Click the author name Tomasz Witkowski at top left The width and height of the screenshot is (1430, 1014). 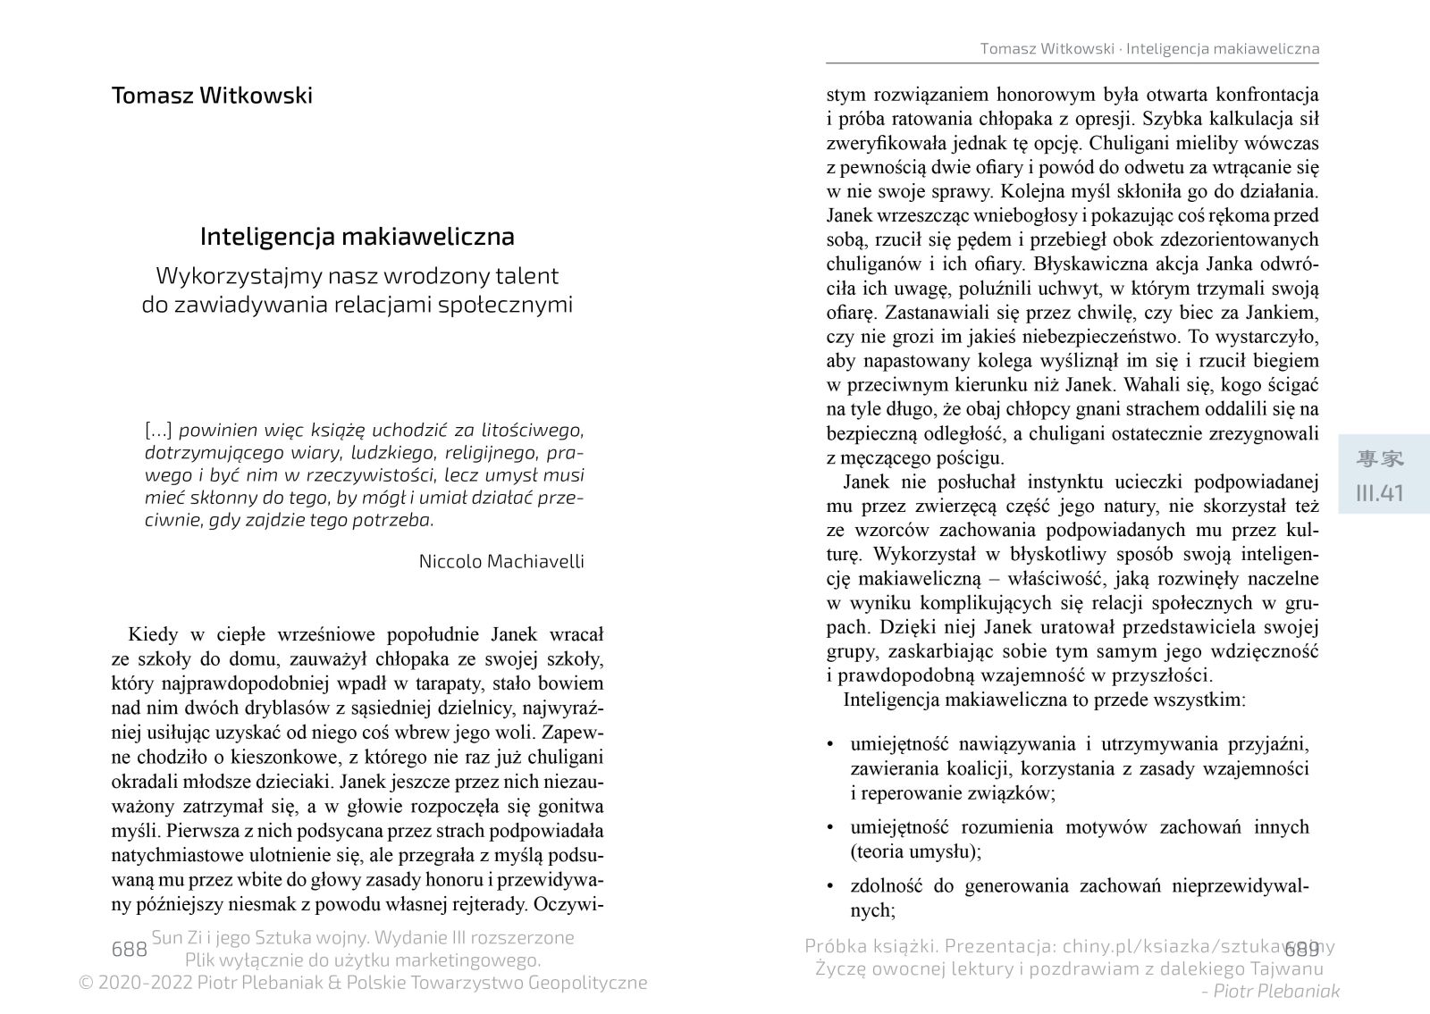coord(212,96)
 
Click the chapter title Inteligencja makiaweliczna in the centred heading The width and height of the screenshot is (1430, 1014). coord(357,237)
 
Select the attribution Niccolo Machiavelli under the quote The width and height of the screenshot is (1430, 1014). coord(500,561)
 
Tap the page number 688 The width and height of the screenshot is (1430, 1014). coord(129,949)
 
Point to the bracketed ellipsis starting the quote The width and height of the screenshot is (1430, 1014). coord(158,430)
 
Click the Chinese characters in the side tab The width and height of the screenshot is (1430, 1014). coord(1380,459)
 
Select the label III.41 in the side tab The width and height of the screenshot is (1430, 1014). coord(1380,493)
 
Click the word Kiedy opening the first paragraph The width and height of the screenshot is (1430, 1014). coord(153,635)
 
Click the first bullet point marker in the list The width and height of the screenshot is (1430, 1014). coord(831,744)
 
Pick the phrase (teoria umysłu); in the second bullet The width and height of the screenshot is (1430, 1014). coord(915,851)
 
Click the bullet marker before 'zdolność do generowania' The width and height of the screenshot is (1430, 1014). coord(831,887)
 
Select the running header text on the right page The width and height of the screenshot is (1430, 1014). coord(1149,48)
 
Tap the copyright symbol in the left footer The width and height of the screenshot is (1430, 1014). coord(87,983)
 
